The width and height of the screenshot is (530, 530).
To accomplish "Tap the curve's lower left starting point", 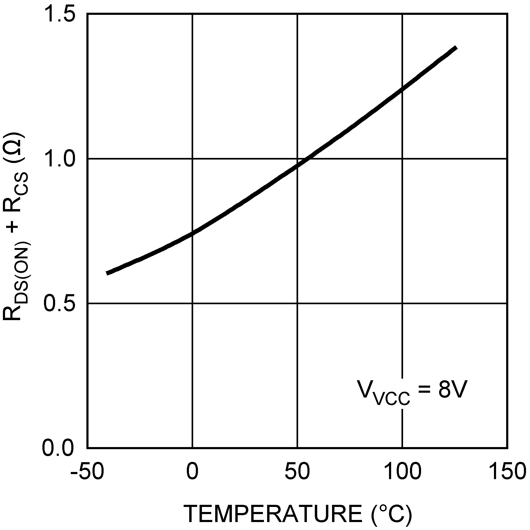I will (107, 273).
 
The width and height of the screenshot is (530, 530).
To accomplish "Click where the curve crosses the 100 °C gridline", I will (403, 89).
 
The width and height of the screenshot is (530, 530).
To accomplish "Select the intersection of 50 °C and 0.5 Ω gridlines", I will (297, 303).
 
